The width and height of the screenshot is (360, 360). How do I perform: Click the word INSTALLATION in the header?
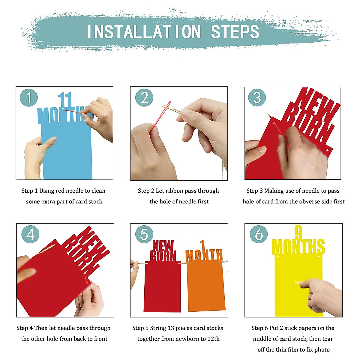(x=144, y=32)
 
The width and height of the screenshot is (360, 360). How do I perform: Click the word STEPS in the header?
(x=235, y=32)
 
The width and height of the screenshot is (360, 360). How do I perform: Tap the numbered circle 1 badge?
(x=29, y=97)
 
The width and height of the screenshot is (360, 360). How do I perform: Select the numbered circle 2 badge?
(x=144, y=97)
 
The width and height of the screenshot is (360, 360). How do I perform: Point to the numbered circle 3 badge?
(x=257, y=97)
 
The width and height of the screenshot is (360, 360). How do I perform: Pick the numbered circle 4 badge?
(x=31, y=234)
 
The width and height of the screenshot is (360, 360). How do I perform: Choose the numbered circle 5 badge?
(x=144, y=234)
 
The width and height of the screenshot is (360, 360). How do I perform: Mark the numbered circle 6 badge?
(x=259, y=234)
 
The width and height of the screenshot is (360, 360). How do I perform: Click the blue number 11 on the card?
(x=65, y=100)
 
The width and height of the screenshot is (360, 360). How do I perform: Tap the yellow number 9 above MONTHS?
(x=298, y=232)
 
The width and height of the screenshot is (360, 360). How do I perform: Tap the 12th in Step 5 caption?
(x=213, y=339)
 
